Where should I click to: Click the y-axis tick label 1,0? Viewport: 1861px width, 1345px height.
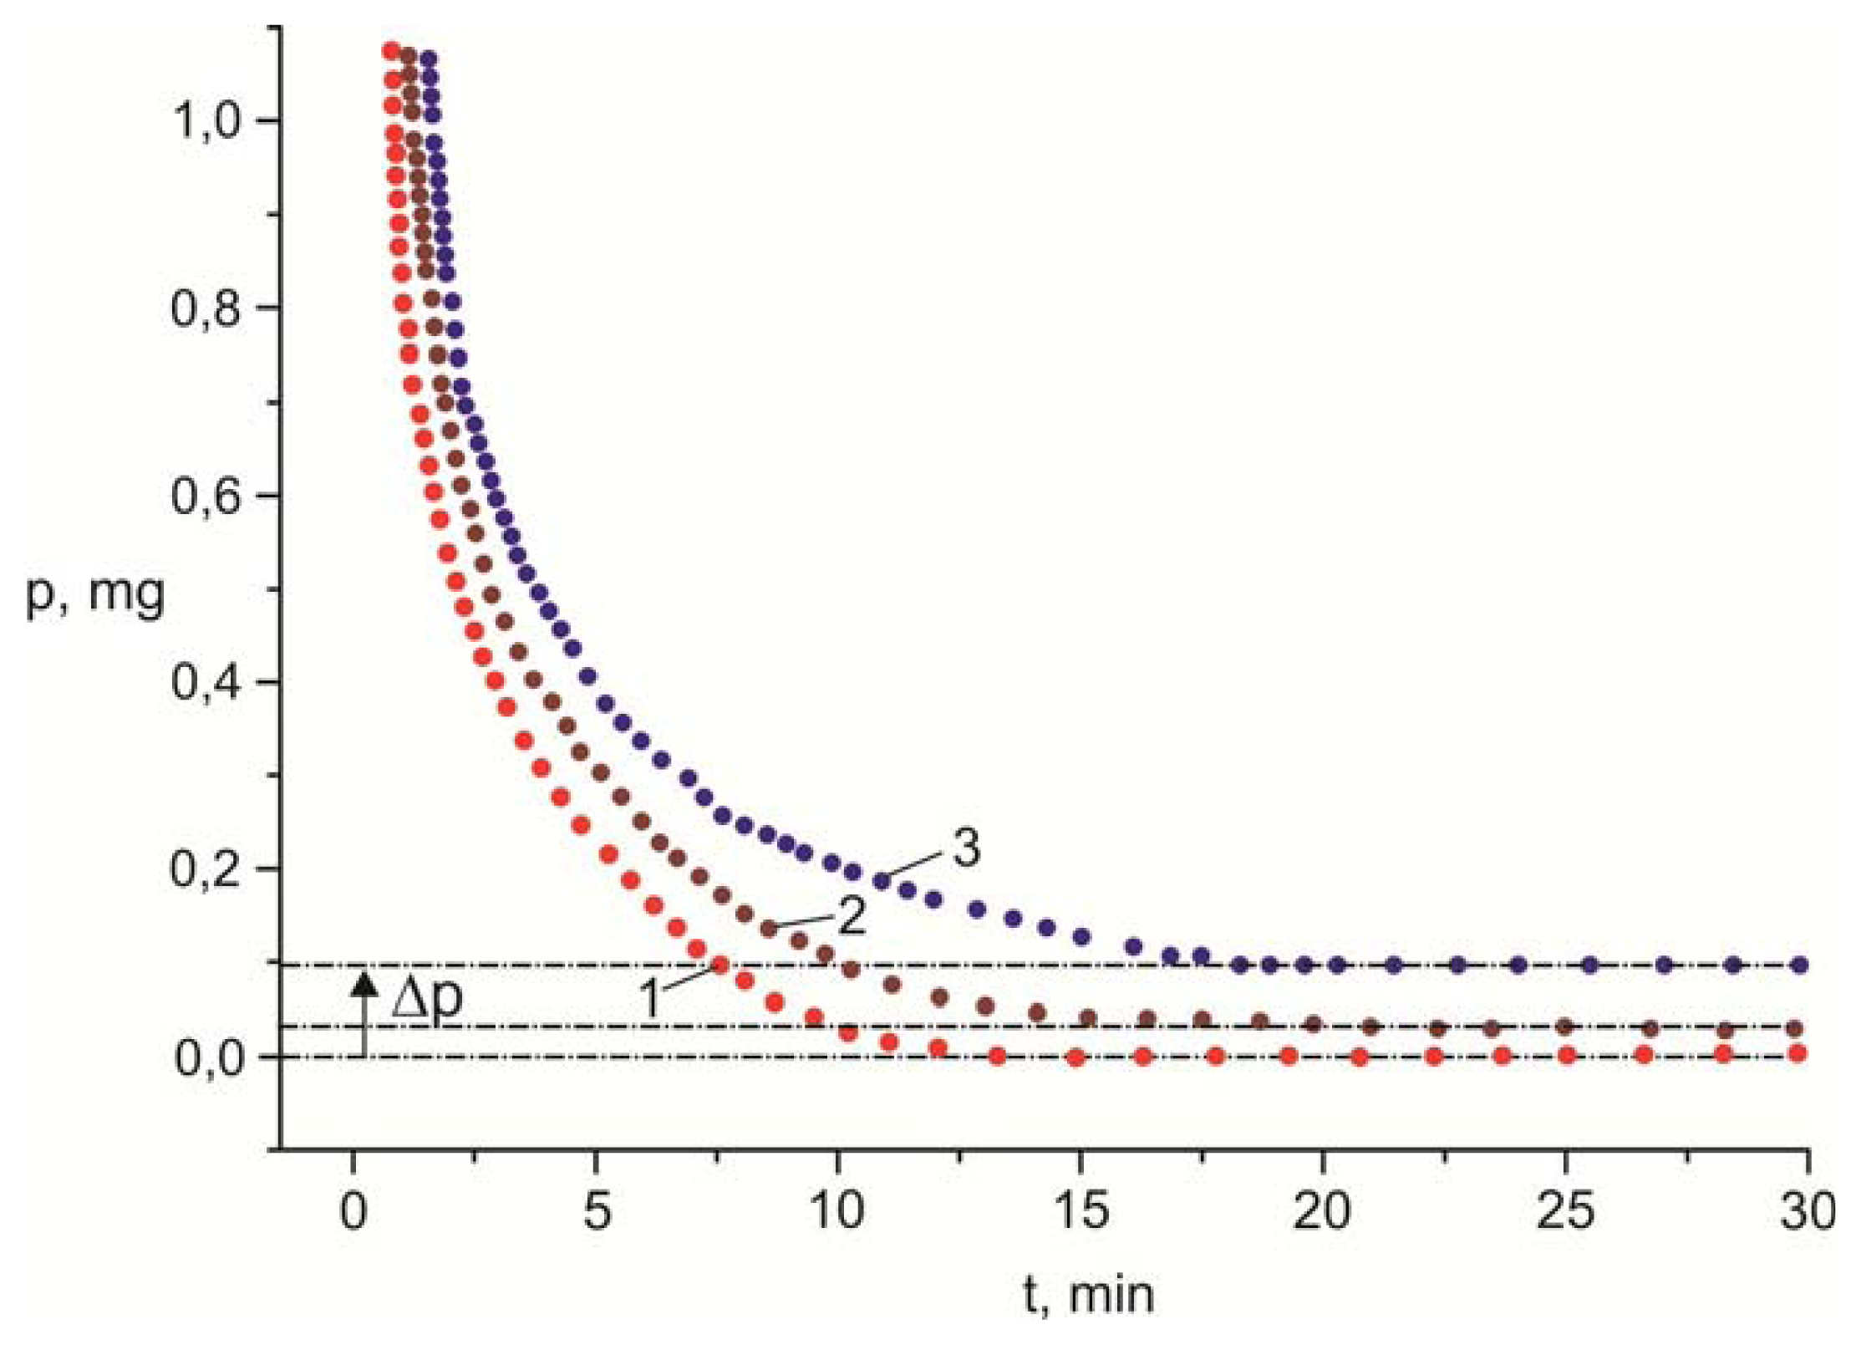[x=206, y=121]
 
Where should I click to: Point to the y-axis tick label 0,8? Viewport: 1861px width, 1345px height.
[x=206, y=308]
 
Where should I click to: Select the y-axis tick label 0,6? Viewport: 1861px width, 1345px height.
[x=206, y=495]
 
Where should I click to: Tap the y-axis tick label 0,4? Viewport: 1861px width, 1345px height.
[x=206, y=682]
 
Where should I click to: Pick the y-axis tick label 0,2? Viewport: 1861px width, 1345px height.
[x=206, y=869]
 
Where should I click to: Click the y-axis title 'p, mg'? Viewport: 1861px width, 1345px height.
[x=95, y=595]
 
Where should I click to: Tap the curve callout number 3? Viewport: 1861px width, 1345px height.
[x=966, y=849]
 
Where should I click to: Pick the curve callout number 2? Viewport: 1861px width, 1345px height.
[x=851, y=916]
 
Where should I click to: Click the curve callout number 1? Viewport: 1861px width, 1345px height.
[x=651, y=998]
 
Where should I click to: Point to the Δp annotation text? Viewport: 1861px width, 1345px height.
[x=427, y=998]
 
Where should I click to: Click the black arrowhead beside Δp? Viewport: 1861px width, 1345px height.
[x=364, y=984]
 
